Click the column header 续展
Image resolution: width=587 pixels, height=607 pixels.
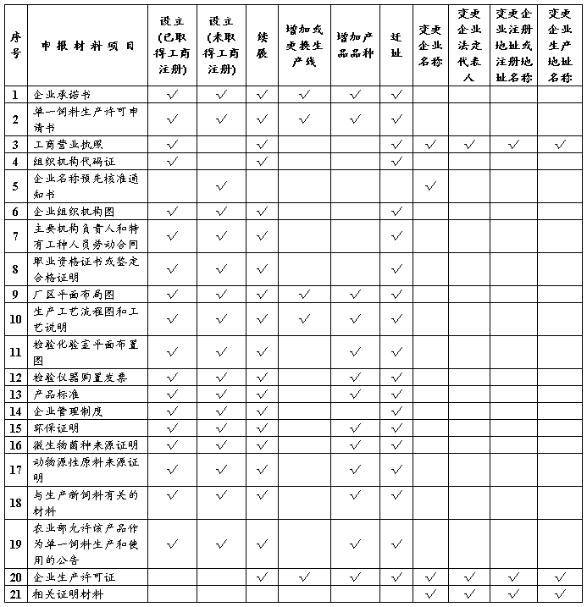click(x=262, y=46)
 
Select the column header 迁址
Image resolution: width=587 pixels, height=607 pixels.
click(x=396, y=46)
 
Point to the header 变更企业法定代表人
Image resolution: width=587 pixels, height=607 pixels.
click(x=470, y=46)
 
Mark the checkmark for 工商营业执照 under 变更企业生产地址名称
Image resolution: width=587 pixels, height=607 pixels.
click(x=560, y=145)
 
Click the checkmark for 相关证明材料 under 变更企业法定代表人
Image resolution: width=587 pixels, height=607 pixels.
click(x=470, y=594)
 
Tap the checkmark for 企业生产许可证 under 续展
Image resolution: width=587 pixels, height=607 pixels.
click(x=262, y=577)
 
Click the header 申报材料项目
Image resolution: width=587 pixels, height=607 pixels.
click(x=87, y=46)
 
